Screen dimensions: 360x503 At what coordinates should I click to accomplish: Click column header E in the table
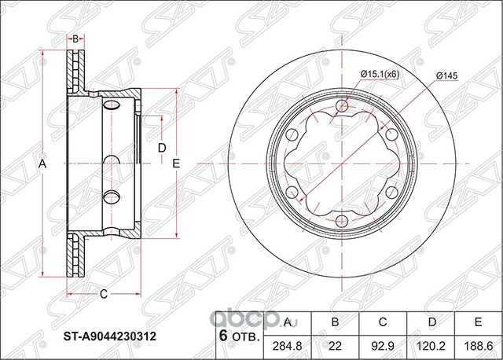coord(477,321)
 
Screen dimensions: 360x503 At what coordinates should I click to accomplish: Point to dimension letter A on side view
coord(43,163)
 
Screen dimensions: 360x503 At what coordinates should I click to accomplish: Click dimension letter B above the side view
coord(75,38)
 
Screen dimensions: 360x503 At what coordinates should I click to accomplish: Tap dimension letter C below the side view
coord(103,295)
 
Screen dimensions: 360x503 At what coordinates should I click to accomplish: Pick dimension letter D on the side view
coord(161,148)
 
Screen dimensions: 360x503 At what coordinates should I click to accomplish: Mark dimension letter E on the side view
coord(177,163)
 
